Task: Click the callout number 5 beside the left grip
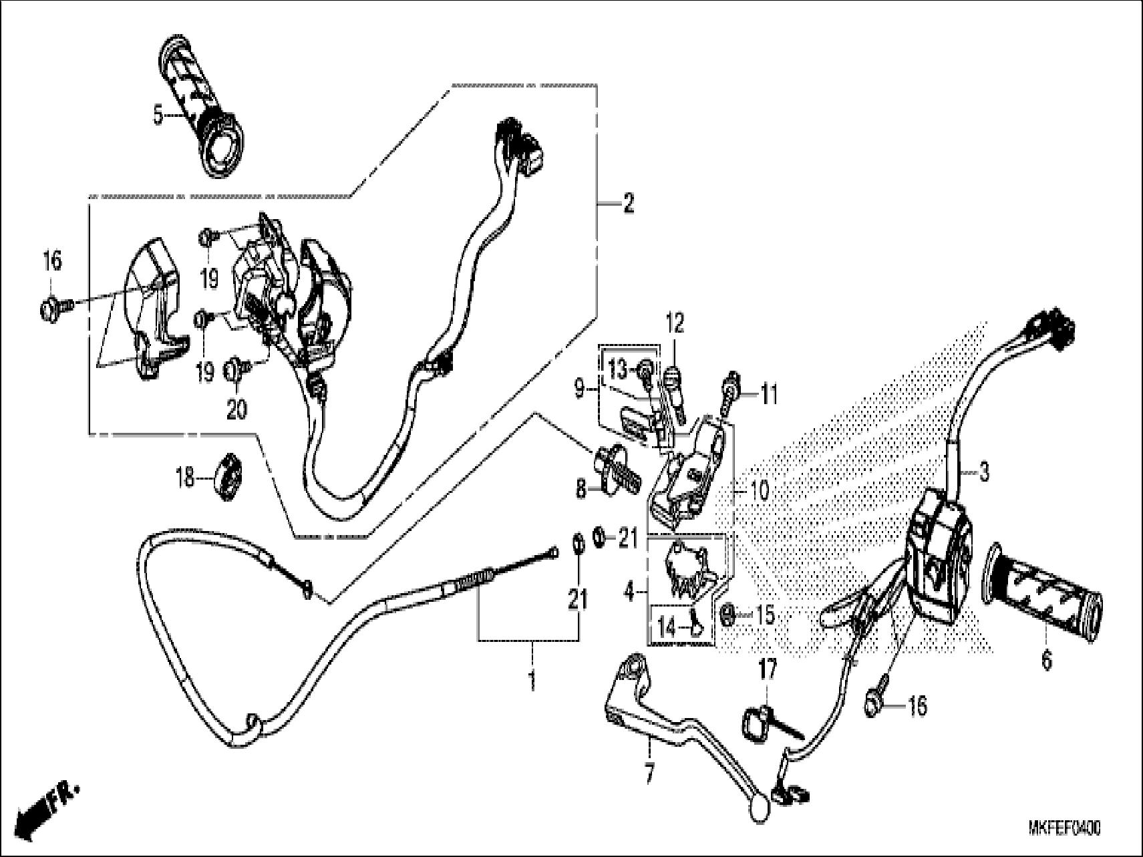[158, 115]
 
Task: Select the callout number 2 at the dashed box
[628, 204]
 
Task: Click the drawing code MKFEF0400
[1064, 829]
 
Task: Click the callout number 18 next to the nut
[184, 477]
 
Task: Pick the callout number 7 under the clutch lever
[649, 774]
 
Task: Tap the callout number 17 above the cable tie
[767, 669]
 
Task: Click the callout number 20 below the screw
[236, 409]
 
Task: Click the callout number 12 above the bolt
[675, 325]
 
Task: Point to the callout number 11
[770, 395]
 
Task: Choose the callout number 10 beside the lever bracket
[760, 491]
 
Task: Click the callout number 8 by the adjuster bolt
[581, 490]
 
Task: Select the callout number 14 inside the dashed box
[667, 627]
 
